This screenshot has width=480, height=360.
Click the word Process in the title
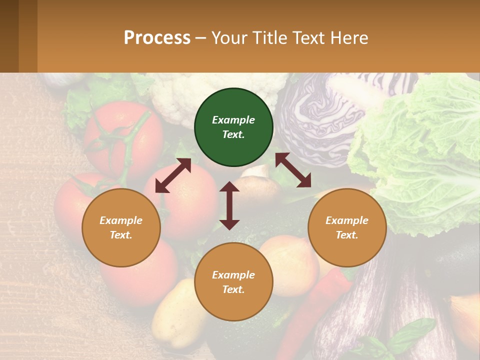[157, 38]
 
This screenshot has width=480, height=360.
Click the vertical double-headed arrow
[229, 205]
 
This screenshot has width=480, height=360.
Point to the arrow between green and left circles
[173, 175]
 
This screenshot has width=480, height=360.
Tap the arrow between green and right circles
[293, 170]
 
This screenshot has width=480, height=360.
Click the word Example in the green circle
[233, 120]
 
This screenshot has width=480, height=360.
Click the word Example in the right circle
[347, 220]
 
